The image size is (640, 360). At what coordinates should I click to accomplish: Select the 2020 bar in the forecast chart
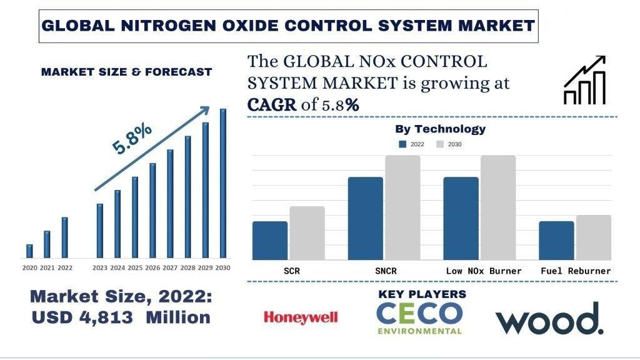pos(29,251)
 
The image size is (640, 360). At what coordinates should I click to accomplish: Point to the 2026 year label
pos(152,268)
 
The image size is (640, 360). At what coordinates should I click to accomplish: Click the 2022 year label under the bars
pos(64,268)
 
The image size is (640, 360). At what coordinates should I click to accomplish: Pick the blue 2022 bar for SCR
pos(270,241)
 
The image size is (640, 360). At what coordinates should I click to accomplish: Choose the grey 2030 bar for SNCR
pos(402,207)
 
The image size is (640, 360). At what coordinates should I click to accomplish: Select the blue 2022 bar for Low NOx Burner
pos(461,218)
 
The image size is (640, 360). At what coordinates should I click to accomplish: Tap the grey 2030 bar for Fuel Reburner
pos(593,237)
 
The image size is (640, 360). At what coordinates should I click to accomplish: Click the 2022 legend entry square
pos(403,144)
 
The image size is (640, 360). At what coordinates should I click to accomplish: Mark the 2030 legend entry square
pos(439,144)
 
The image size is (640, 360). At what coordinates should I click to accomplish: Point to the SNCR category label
pos(384,271)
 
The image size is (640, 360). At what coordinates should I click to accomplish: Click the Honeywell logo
pos(301,317)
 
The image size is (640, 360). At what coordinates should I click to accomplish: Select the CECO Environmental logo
pos(420,318)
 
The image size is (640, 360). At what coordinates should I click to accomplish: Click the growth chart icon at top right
pos(584,80)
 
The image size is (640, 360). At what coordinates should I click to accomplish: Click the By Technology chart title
pos(440,129)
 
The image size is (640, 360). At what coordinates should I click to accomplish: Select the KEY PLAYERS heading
pos(422,294)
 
